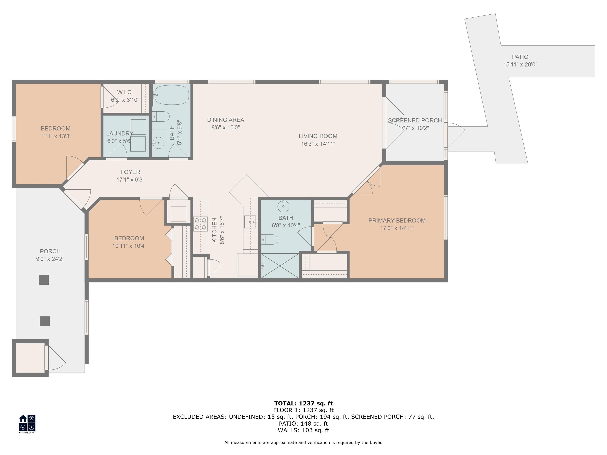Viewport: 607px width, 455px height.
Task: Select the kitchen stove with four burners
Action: pos(201,224)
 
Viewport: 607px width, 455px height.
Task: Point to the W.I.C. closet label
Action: pos(125,92)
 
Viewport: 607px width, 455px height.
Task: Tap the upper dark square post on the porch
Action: pos(44,280)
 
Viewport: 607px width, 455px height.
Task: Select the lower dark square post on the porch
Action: pos(45,321)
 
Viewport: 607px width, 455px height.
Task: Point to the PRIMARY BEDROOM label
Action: pos(397,221)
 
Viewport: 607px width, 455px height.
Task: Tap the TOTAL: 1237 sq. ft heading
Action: pos(303,403)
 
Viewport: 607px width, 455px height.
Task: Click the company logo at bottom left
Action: pos(27,423)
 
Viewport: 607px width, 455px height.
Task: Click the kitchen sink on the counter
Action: pos(250,222)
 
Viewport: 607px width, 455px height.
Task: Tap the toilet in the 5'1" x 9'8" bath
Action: pos(161,117)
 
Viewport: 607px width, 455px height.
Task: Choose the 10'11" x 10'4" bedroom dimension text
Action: pos(129,246)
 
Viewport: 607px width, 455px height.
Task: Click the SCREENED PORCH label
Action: pos(415,120)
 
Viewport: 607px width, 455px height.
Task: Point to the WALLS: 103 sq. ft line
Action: pos(303,430)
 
